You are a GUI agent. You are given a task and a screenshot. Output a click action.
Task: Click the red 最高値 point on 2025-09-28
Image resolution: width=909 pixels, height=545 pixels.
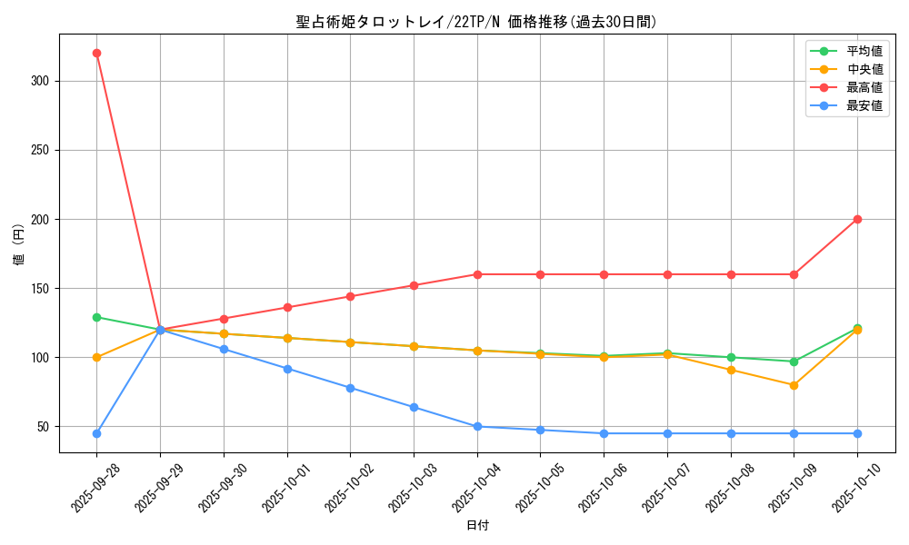[96, 53]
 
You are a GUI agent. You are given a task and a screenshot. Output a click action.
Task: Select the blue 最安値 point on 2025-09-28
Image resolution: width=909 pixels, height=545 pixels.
[96, 433]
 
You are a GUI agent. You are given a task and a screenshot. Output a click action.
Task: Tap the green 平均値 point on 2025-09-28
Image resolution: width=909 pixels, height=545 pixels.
[96, 317]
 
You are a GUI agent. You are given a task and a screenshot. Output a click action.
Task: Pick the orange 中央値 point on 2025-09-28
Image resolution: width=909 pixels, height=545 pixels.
[96, 357]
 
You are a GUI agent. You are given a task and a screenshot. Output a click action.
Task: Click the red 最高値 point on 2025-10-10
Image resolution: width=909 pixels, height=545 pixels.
[857, 219]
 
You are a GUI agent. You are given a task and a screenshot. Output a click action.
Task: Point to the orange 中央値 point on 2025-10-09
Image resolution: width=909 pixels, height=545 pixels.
[794, 385]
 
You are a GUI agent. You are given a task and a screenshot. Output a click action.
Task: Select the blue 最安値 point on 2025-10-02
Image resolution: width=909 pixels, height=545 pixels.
[350, 388]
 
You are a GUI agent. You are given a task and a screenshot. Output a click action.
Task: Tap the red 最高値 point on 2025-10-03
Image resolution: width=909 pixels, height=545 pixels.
[414, 285]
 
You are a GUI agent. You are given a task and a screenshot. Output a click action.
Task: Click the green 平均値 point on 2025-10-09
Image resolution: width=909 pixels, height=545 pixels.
[794, 362]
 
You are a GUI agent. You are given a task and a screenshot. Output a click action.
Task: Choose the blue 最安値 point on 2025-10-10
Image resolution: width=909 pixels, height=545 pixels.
[857, 433]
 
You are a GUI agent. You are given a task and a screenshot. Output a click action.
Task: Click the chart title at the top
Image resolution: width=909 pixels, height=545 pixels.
[476, 22]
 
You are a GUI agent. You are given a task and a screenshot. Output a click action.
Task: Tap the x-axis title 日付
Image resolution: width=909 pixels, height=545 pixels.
[477, 526]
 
